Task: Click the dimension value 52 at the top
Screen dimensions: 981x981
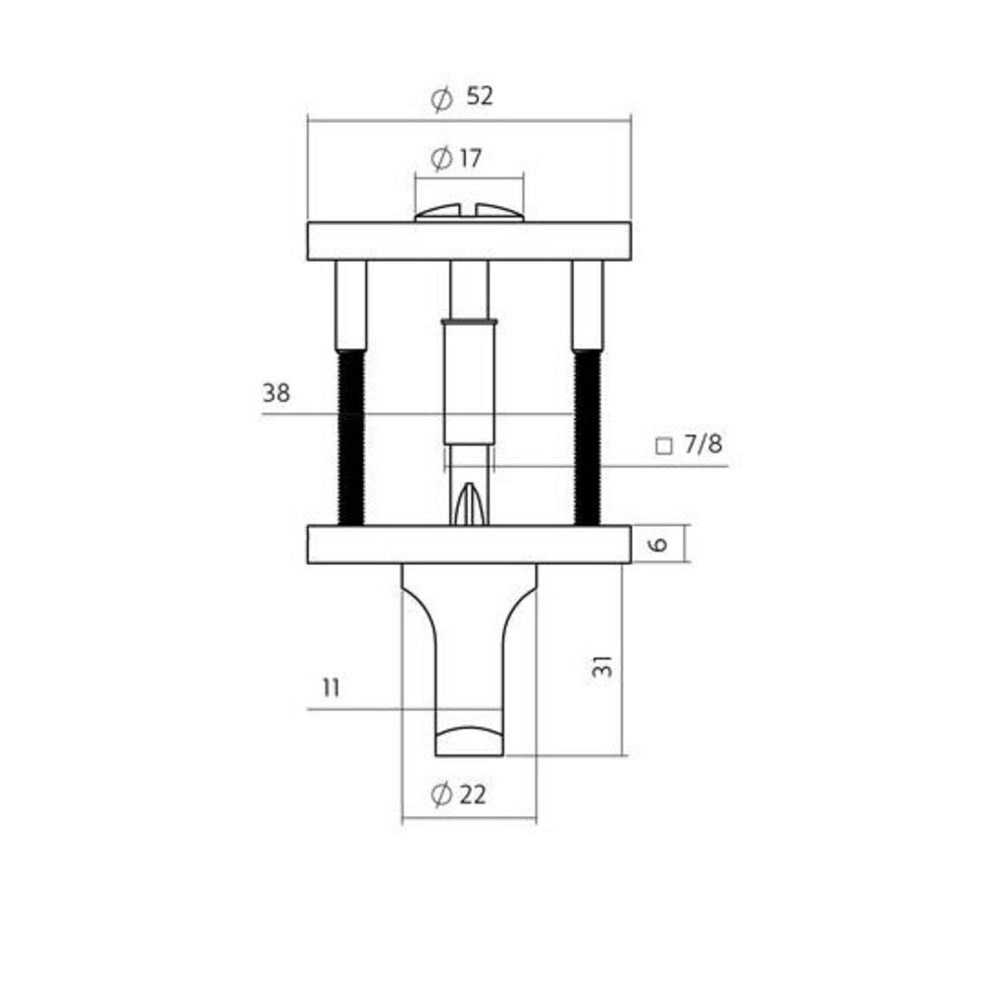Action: point(480,97)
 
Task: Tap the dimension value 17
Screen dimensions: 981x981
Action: point(470,157)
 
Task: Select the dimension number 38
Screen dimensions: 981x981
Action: point(276,394)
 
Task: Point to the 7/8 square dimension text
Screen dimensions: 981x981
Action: point(702,445)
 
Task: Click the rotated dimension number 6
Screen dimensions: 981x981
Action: point(659,543)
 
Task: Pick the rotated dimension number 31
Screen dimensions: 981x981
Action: point(604,666)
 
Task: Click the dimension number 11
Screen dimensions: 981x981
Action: point(331,688)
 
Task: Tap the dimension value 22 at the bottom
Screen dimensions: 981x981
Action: point(472,796)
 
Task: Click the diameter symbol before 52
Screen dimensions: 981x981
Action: point(441,98)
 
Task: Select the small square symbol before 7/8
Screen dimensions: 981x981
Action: point(663,446)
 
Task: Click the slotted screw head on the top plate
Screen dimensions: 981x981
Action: point(469,213)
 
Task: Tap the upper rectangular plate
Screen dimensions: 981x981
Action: point(469,241)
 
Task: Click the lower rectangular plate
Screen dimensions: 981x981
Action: point(469,544)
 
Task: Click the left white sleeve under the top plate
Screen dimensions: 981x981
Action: point(351,304)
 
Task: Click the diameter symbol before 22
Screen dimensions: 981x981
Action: point(440,796)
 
